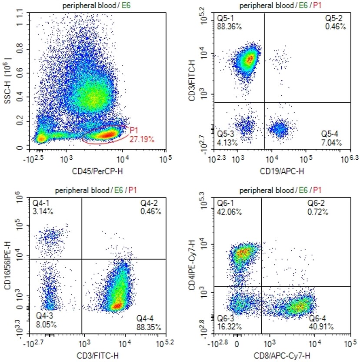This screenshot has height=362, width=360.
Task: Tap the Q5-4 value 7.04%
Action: click(x=331, y=142)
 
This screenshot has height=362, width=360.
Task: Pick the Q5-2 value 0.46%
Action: click(x=336, y=27)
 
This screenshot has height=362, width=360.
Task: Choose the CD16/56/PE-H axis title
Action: click(x=8, y=267)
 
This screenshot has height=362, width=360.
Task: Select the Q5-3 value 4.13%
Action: click(x=226, y=142)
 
